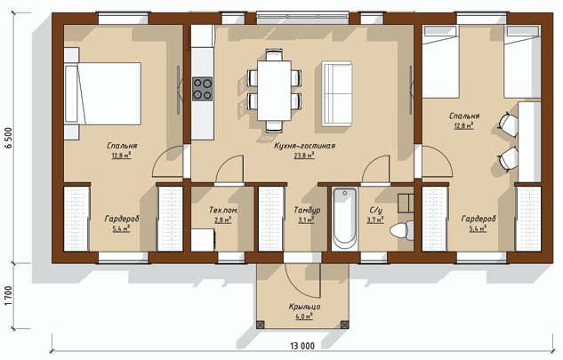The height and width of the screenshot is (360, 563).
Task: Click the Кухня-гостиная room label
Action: tap(304, 146)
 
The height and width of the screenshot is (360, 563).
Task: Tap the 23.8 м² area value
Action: tap(304, 156)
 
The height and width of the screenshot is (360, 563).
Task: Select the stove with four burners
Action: tap(203, 89)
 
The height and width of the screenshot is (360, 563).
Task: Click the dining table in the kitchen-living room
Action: tap(274, 90)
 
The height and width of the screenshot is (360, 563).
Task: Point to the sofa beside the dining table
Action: tap(337, 93)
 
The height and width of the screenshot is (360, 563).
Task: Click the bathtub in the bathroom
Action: tap(344, 219)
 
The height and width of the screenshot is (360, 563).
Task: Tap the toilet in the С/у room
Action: tap(402, 229)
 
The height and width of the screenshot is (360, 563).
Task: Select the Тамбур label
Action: tap(307, 211)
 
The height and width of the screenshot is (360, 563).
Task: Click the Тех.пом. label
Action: tap(223, 210)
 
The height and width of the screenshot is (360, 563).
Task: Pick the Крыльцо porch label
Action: tap(304, 307)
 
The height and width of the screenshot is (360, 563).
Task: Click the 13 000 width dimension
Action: tap(302, 346)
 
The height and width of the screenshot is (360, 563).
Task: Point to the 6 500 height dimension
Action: tap(9, 138)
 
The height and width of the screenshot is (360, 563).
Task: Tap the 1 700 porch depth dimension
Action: tap(9, 296)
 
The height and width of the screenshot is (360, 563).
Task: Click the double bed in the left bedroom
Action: tap(102, 93)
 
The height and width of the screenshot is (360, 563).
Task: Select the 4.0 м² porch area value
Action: tap(304, 316)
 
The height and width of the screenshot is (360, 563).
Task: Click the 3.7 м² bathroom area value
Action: tap(375, 220)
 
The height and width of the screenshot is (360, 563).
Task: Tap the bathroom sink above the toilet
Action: tap(406, 204)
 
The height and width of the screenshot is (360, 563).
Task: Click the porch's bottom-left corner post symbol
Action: tap(261, 324)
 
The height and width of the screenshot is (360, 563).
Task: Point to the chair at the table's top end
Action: tap(274, 55)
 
